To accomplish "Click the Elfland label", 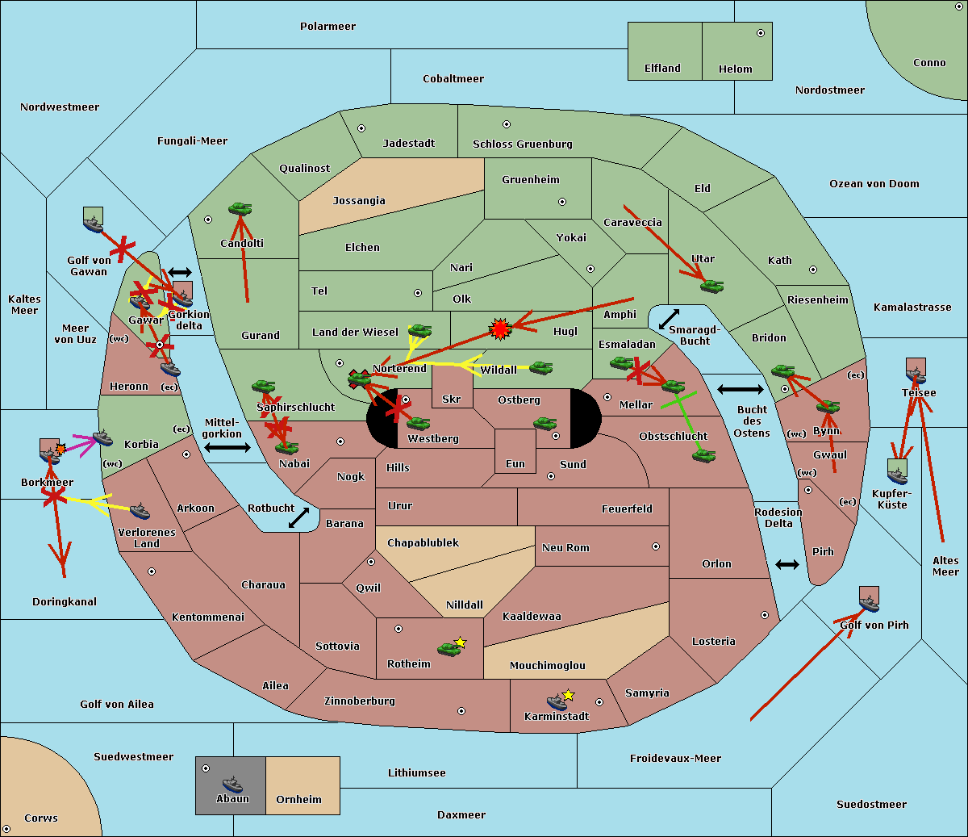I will click(662, 69).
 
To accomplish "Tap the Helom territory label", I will click(735, 69).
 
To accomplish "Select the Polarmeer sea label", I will click(328, 27).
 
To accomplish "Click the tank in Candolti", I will click(240, 209).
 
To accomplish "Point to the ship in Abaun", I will click(232, 784).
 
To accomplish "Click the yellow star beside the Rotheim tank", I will click(461, 642).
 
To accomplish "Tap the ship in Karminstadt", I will click(557, 701).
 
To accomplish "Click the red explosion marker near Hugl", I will click(501, 329).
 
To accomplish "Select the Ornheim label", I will click(298, 800).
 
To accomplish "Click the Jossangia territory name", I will click(359, 201).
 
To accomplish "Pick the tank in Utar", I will click(711, 285).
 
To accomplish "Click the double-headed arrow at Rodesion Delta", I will click(787, 564).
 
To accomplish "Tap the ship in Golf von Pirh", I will click(869, 602).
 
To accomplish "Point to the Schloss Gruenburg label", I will click(522, 144).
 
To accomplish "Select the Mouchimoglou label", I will click(547, 666).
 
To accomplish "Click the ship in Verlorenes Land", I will click(140, 511).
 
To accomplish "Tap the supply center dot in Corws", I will click(7, 829).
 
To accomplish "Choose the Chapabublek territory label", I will click(423, 543).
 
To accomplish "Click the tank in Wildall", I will click(540, 367).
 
